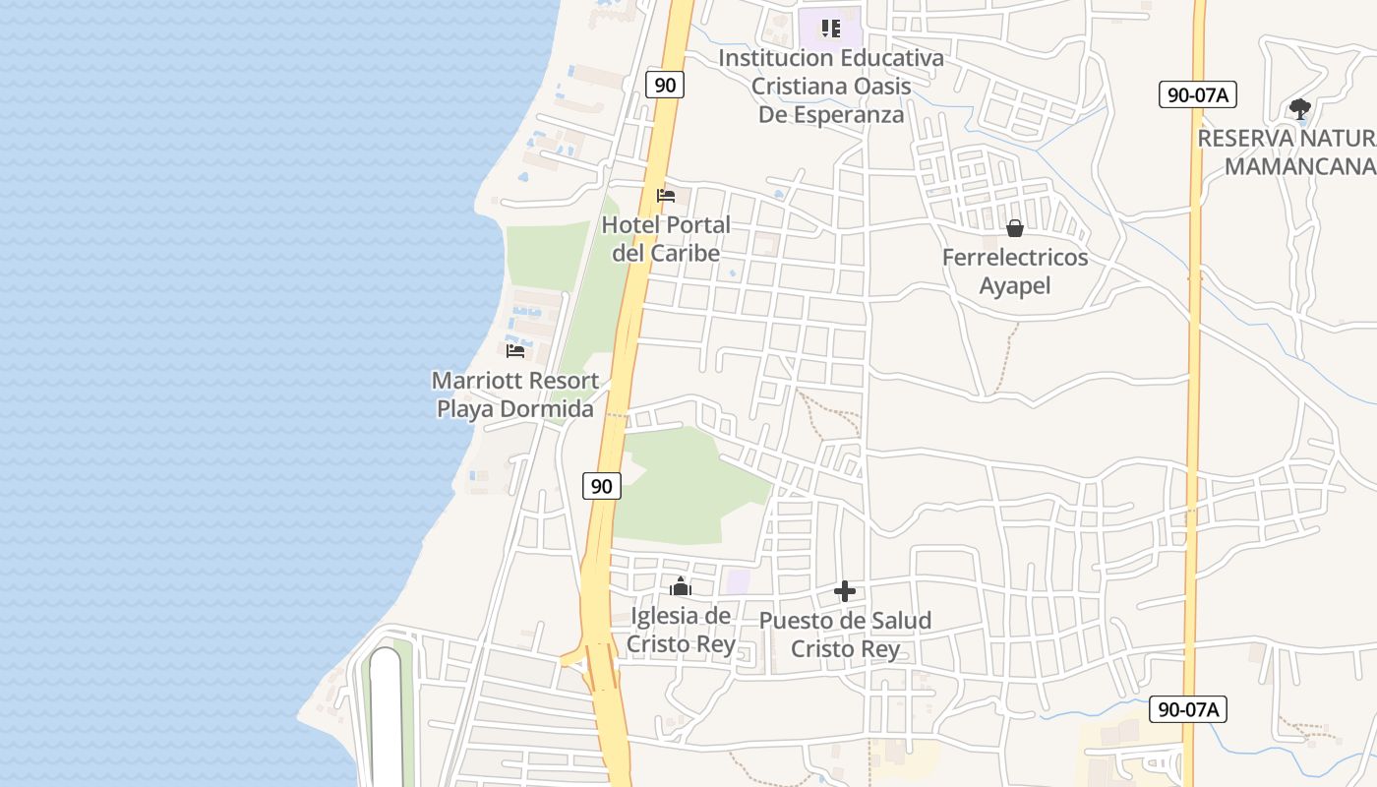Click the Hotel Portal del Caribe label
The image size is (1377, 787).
click(x=666, y=239)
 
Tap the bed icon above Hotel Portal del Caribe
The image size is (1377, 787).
click(x=666, y=195)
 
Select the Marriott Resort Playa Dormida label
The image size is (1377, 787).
click(x=515, y=394)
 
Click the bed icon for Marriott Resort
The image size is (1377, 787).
click(x=514, y=350)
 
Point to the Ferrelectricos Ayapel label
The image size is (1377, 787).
click(x=1015, y=272)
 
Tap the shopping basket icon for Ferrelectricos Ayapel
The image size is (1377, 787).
click(x=1015, y=228)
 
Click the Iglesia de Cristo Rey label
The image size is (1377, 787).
click(x=681, y=631)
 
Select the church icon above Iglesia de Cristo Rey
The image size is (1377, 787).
click(x=681, y=586)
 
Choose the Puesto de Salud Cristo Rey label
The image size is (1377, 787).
click(x=845, y=635)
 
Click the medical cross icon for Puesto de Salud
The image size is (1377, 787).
click(x=845, y=591)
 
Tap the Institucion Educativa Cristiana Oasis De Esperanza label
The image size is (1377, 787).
click(x=831, y=86)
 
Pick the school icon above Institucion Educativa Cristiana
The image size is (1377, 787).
click(x=831, y=29)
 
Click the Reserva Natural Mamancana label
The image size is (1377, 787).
click(x=1288, y=152)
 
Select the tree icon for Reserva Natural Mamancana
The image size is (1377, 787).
click(x=1299, y=108)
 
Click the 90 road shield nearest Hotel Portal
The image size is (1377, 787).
click(x=665, y=85)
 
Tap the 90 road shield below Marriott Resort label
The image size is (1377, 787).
click(x=602, y=485)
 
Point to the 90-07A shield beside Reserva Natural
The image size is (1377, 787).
click(x=1197, y=94)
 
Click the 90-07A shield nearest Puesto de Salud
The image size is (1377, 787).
click(x=1188, y=709)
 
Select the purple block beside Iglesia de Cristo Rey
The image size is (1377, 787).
click(x=738, y=580)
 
